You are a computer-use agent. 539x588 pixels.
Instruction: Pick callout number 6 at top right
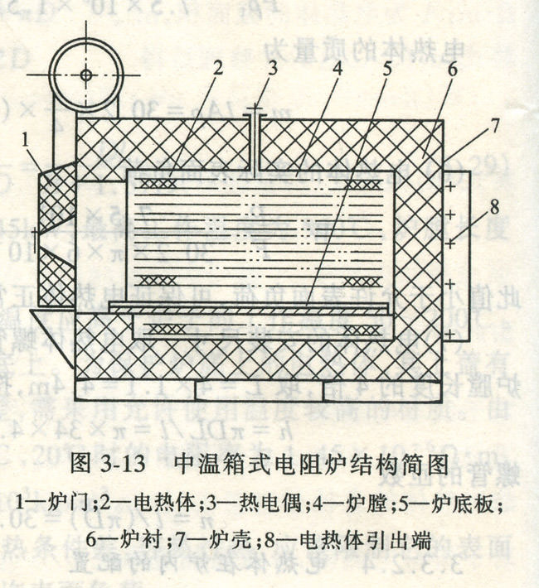451,71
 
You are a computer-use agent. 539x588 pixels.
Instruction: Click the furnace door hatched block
56,236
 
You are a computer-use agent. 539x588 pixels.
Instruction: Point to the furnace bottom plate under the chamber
249,307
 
